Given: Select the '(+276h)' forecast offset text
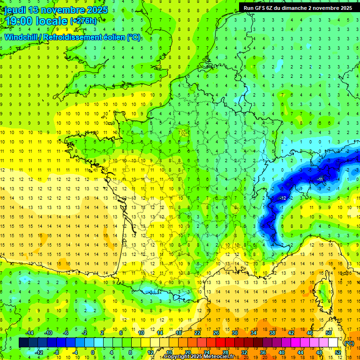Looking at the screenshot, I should coord(83,21).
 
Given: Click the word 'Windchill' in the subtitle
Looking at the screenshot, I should coord(22,37).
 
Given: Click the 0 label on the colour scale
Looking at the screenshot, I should coord(93,352).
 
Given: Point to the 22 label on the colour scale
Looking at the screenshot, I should coord(198,333).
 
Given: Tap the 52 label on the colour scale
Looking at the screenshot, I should coord(338,352).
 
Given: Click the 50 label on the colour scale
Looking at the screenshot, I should coord(329,333).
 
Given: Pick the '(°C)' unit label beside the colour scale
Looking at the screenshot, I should coord(349,343).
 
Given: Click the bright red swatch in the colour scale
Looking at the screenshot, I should coord(221,343).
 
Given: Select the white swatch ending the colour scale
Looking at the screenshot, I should coord(333,343).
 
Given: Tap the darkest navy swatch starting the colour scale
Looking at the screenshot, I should coord(23,343).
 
